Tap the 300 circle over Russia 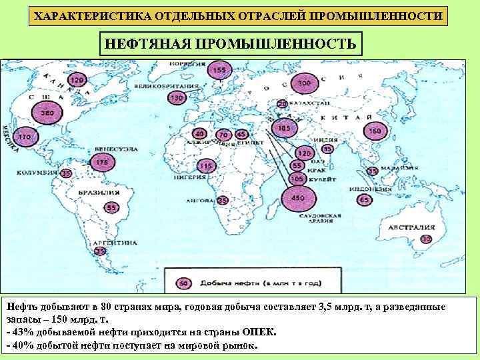pos(305,83)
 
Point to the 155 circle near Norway pos(219,70)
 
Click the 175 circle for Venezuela pos(102,162)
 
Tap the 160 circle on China pos(375,131)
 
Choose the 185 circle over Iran pos(285,127)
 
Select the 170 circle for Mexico pos(25,137)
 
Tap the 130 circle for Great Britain pos(176,98)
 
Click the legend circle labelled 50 pos(182,283)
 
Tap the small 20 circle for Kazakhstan pos(282,105)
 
